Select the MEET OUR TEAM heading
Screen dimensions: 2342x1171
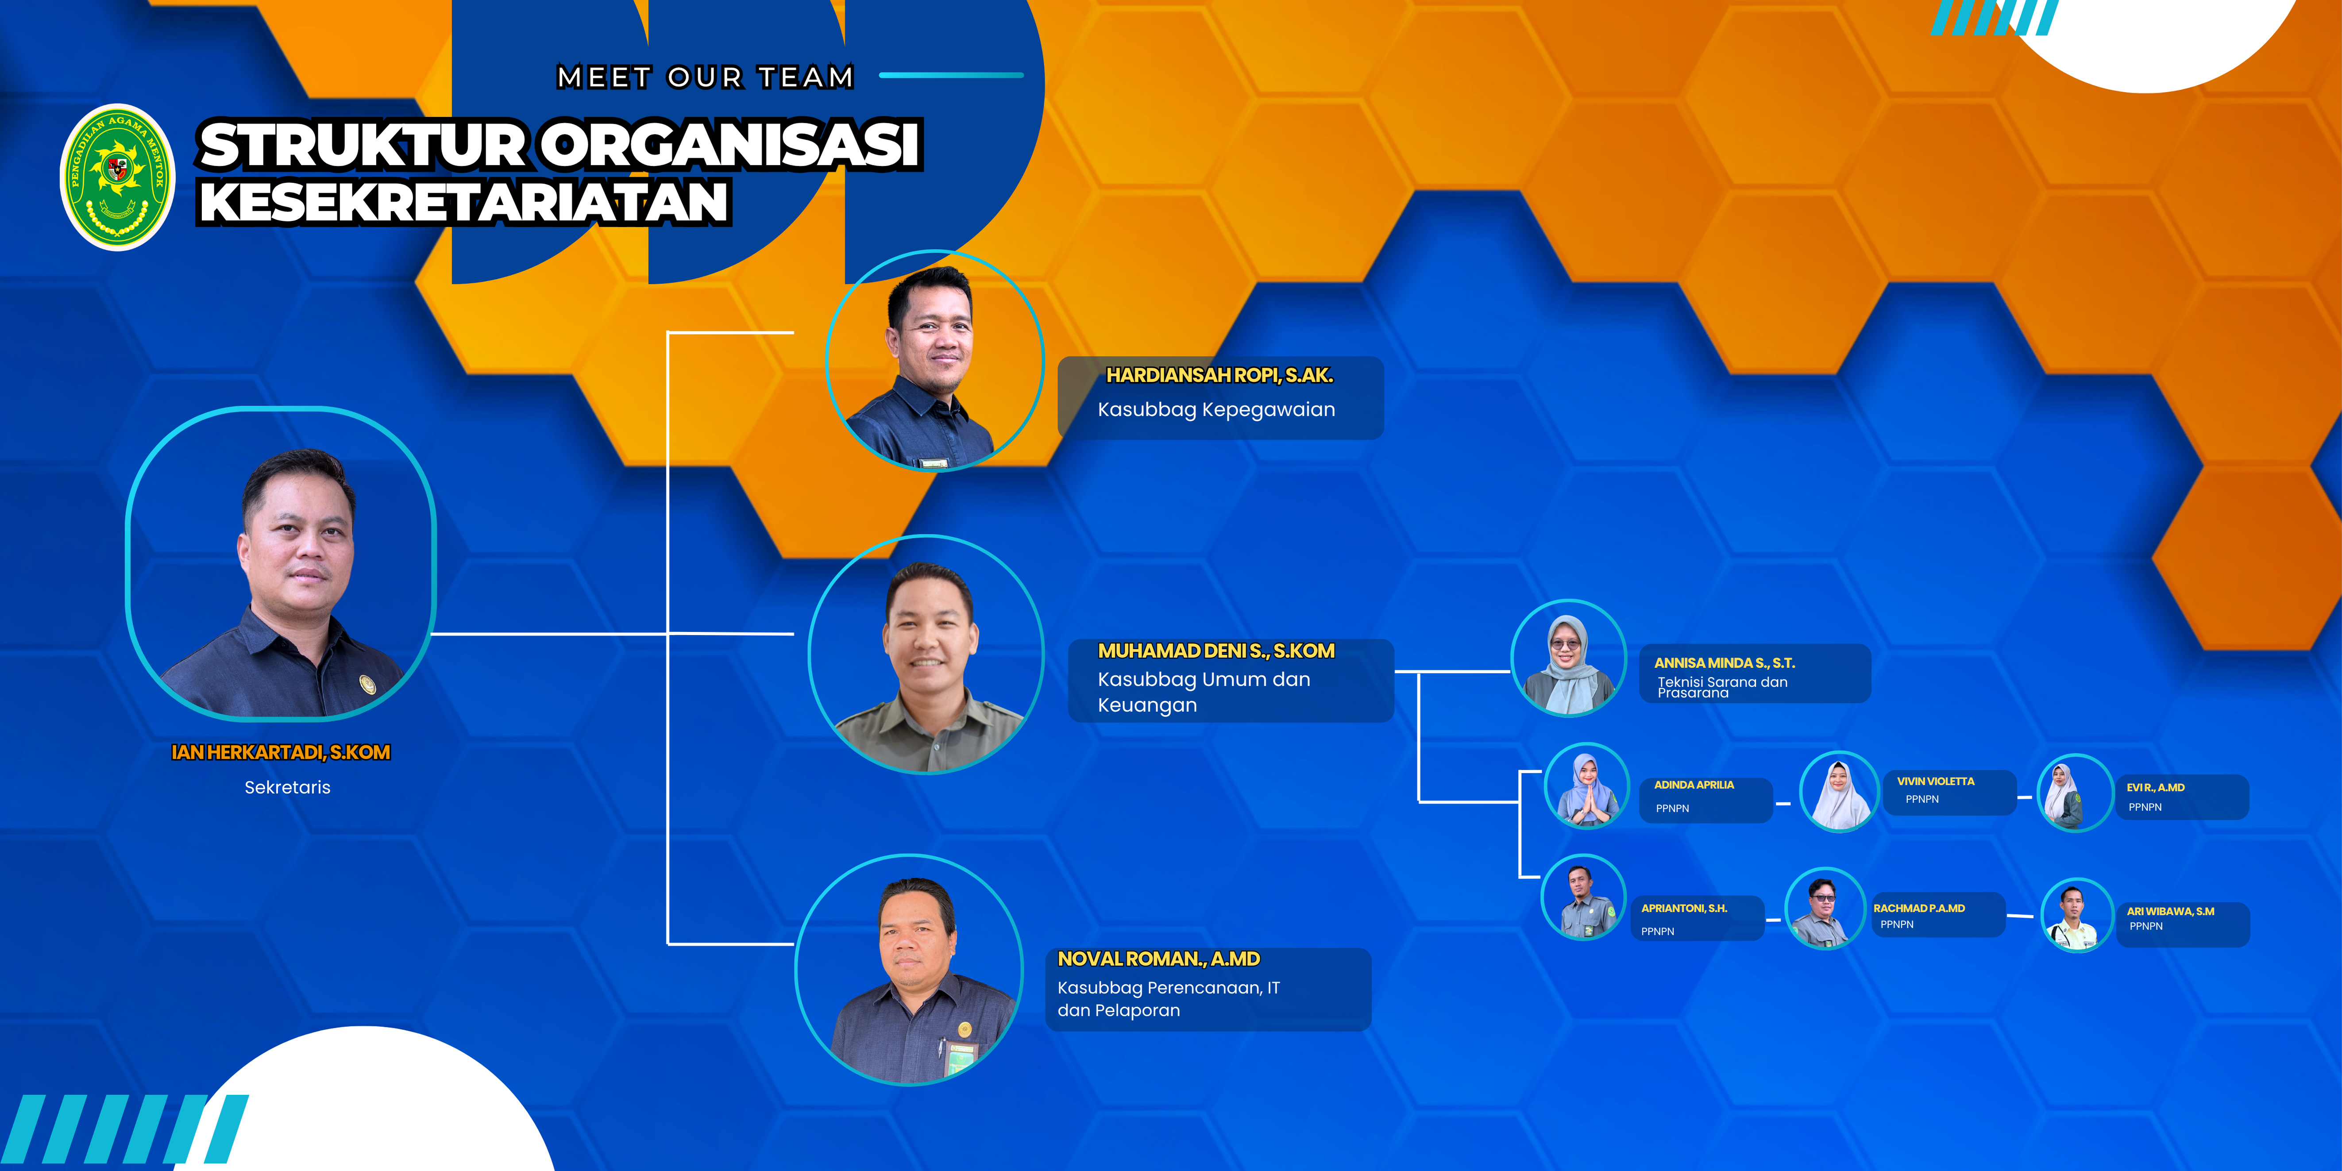(706, 77)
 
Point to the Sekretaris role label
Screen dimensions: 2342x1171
(287, 787)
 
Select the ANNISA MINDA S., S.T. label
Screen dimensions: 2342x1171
(1724, 663)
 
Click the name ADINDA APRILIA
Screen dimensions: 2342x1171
(1694, 785)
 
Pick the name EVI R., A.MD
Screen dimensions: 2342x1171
(2156, 787)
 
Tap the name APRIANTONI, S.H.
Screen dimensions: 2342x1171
(1684, 908)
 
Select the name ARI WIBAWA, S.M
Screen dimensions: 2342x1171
(2170, 911)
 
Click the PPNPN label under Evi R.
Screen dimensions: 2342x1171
(2145, 807)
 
